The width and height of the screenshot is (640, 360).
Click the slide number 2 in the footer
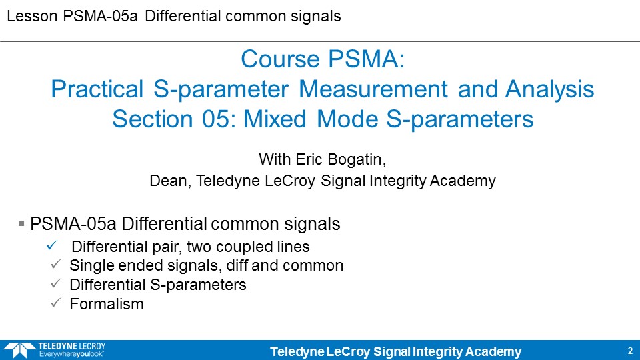pos(630,351)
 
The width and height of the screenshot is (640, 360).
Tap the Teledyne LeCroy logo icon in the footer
pos(19,350)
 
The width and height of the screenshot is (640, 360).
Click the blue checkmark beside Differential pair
pos(52,245)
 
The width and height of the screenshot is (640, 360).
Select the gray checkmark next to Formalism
pos(55,303)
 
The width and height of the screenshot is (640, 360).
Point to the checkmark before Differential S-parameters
pos(55,283)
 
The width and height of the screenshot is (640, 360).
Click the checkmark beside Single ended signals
pos(55,264)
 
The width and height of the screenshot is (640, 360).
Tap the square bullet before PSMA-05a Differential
pos(21,223)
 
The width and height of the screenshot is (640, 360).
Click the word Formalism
pos(107,304)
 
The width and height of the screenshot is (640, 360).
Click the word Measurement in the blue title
pos(373,89)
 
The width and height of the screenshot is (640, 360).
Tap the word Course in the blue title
pos(279,59)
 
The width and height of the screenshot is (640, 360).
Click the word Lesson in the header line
pos(32,16)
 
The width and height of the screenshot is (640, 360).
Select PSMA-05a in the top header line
pos(101,16)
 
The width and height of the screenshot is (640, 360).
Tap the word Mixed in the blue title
pos(275,119)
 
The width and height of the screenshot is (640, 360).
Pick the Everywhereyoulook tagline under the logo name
pos(71,354)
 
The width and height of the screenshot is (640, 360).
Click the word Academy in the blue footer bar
pos(493,352)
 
